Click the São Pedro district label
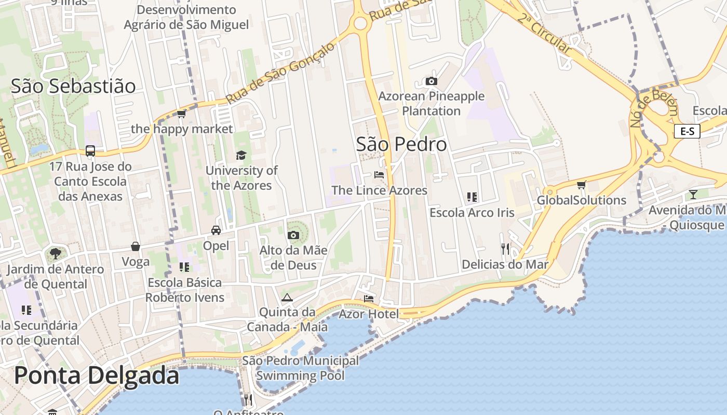(401, 144)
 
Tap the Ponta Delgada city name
(97, 375)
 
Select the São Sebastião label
(73, 86)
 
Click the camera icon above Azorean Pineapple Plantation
(431, 81)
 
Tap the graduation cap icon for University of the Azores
(241, 155)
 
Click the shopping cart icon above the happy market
(181, 114)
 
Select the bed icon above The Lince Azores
(379, 175)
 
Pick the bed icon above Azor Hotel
(369, 298)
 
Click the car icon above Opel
(216, 230)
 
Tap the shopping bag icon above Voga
(136, 246)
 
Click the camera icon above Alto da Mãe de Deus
(293, 235)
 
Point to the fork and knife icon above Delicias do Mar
(505, 249)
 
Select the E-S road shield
(687, 131)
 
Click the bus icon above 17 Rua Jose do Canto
(90, 151)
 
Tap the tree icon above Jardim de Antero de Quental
(55, 254)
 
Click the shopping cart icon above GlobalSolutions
(582, 185)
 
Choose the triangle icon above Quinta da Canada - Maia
(287, 297)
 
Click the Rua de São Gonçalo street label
(281, 72)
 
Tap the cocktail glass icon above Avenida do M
(693, 195)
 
